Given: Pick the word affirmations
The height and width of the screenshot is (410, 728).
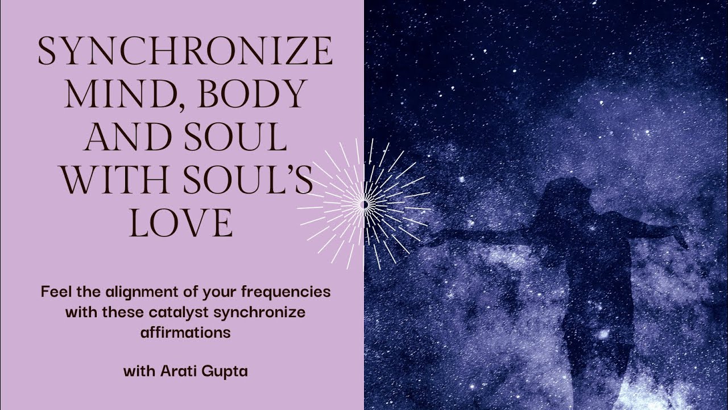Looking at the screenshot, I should click(185, 332).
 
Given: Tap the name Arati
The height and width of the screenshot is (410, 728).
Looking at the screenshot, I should click(177, 372).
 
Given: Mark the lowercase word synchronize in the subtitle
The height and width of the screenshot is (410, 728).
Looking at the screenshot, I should click(267, 312).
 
